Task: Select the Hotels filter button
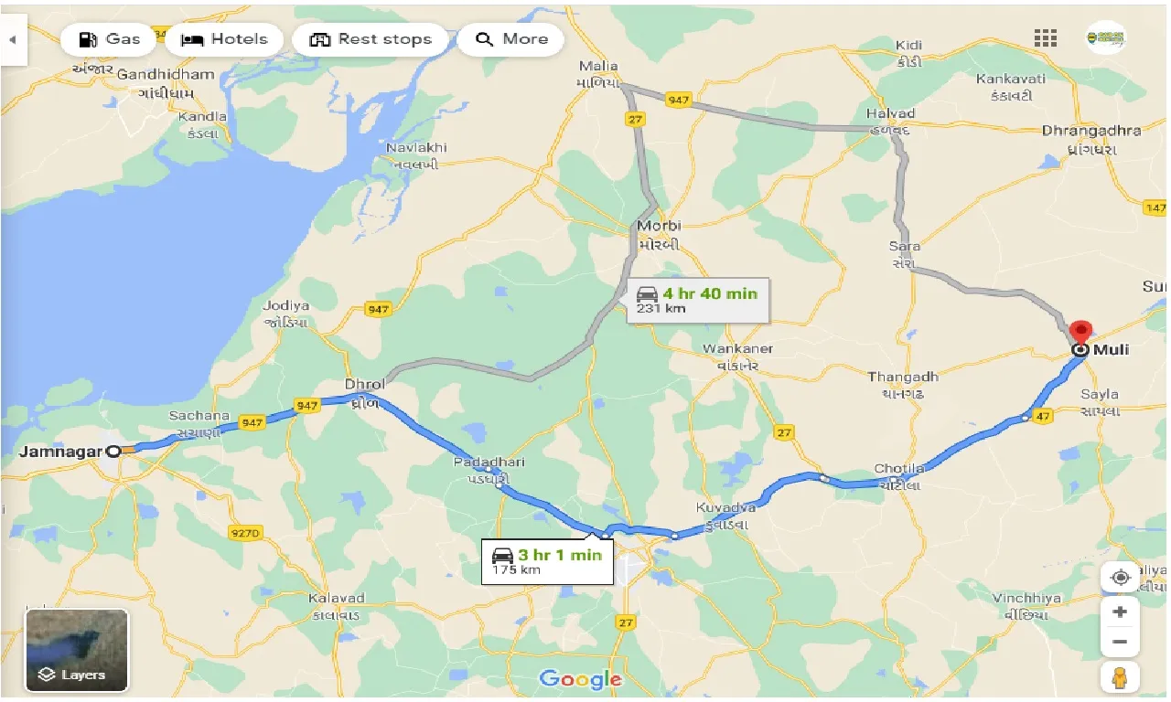tap(225, 39)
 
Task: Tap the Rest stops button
tap(371, 39)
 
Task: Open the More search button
tap(510, 39)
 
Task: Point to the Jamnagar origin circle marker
tap(113, 451)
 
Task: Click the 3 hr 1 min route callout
tap(547, 560)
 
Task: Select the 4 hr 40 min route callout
tap(698, 300)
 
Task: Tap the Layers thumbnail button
tap(77, 650)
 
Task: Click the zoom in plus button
tap(1119, 612)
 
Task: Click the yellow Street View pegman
tap(1119, 678)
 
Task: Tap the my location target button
tap(1119, 578)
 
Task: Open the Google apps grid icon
tap(1046, 38)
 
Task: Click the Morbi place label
tap(661, 226)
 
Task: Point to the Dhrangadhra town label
tap(1090, 131)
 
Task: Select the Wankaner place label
tap(737, 348)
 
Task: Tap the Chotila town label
tap(898, 469)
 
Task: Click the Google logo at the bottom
tap(580, 678)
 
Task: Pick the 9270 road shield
tap(246, 532)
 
